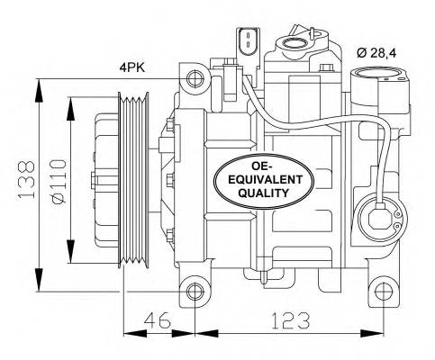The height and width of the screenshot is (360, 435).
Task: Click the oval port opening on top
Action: coord(295,41)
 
